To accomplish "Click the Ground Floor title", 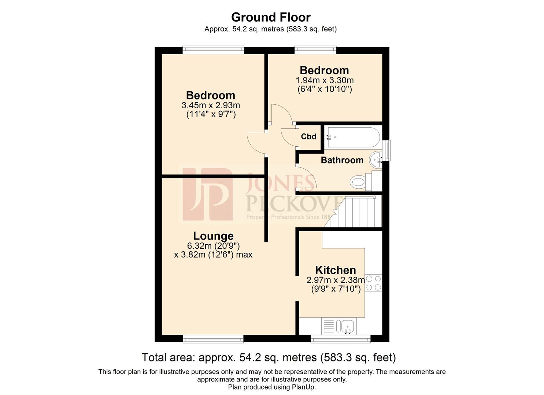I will coord(271,17).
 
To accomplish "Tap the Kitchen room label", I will coord(335,270).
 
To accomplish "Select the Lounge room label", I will coord(213,236).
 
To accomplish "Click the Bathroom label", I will coord(342,160).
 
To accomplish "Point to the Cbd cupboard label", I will coord(308,136).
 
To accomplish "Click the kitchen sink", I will coord(346,326).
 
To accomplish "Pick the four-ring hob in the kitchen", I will coord(374,283).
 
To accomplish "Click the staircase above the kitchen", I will coord(357,211).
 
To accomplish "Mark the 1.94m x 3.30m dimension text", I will coord(325,80).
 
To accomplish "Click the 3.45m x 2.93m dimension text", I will coord(211,105).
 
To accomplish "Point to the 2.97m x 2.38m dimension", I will coord(336,280).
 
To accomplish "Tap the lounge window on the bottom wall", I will coord(213,340).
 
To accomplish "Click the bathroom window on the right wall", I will coord(386,150).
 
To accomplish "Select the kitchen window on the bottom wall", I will coord(340,340).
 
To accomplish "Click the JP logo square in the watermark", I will coord(207,194).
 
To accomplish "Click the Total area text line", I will coord(269,357).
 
